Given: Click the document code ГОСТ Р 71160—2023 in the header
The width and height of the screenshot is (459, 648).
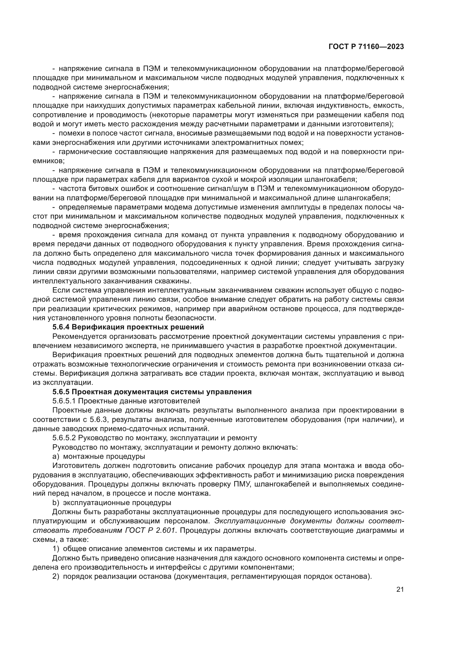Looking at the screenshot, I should point(366,47).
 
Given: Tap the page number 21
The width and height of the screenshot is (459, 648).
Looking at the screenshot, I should point(400,590).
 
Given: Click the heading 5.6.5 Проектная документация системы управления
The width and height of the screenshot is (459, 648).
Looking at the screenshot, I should point(152,392).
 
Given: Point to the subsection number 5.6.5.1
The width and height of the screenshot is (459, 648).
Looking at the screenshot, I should point(64,401).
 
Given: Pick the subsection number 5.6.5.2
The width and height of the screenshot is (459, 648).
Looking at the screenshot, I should point(64,438).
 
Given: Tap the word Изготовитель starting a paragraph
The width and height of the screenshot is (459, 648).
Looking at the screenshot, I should point(72,466).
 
